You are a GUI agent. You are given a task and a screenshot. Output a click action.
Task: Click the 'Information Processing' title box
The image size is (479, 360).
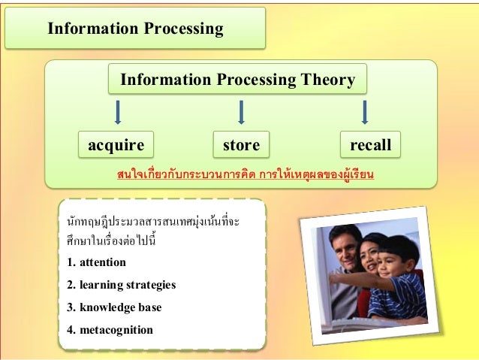[135, 29]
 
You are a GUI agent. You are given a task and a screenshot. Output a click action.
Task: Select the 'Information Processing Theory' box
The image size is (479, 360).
[237, 80]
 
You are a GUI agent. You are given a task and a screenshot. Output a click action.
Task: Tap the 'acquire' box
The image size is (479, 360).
[116, 144]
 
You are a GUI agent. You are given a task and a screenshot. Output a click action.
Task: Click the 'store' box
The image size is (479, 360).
[240, 144]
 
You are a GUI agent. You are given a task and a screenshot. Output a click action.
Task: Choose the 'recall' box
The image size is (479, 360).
[366, 144]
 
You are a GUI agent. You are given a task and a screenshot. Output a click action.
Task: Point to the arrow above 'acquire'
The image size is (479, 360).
[117, 113]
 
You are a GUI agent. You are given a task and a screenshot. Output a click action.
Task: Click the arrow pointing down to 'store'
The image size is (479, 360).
[241, 113]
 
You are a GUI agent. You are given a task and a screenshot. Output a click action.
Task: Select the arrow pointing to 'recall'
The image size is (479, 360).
[365, 113]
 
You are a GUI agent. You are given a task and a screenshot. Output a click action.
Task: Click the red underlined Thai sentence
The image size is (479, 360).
[246, 175]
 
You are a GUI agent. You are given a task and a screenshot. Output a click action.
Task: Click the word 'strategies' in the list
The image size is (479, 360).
[149, 285]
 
